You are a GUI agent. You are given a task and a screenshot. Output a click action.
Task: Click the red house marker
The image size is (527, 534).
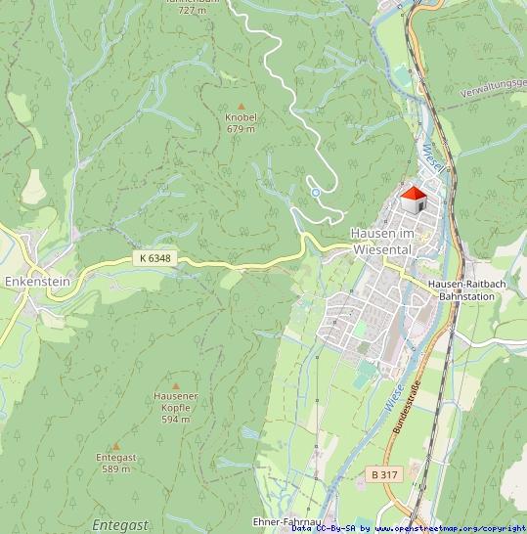coord(414,199)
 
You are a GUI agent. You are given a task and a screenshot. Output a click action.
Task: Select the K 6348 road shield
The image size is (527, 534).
coord(154,258)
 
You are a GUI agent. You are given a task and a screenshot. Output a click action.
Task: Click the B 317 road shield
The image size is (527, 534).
coord(384,474)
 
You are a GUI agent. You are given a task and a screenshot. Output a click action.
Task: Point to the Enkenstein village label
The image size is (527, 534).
coord(37,281)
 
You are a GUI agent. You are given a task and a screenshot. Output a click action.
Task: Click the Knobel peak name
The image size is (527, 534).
coord(241,117)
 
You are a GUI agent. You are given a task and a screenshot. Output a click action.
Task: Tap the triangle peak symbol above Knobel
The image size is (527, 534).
coord(241,106)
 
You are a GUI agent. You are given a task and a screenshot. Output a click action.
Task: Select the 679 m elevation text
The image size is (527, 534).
coord(241,129)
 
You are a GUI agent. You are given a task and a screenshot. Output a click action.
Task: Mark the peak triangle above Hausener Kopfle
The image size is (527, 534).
coord(176,385)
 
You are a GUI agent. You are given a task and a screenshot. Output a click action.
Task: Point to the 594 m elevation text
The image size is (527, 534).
coord(176,420)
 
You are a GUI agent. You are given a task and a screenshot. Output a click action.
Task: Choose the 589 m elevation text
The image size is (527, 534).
coord(115,469)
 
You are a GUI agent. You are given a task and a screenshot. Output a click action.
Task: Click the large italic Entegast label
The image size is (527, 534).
coord(119,524)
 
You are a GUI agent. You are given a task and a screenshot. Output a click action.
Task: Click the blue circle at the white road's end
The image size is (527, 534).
coord(316,193)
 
